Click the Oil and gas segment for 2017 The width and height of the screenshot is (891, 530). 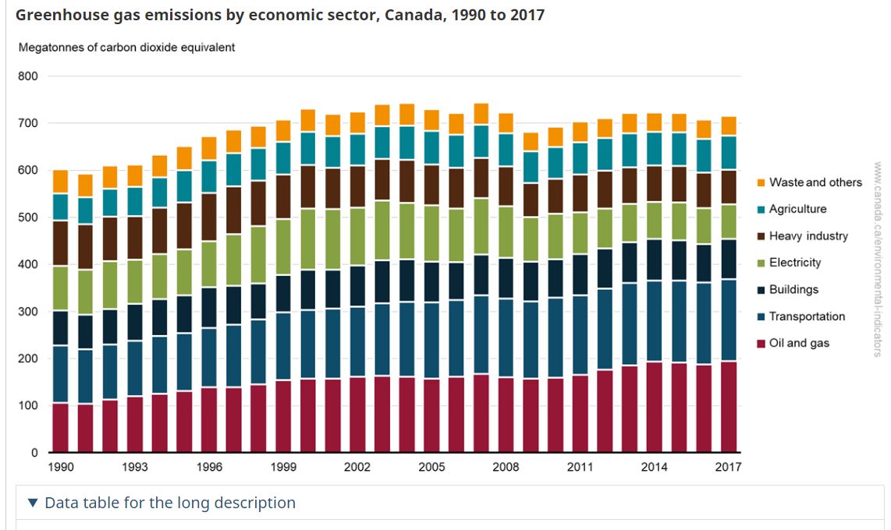(728, 406)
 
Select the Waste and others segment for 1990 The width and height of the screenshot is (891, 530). (60, 182)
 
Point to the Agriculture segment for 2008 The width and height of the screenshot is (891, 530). (506, 150)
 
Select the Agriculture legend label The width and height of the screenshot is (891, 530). (797, 209)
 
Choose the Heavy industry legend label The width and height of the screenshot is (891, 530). (808, 236)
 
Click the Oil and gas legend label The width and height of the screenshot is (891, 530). (799, 343)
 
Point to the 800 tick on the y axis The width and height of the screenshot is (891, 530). (28, 76)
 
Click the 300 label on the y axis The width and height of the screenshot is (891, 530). (28, 312)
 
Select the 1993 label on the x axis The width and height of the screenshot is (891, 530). (135, 467)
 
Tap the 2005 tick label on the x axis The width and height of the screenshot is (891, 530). (431, 467)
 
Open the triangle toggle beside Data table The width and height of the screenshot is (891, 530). (32, 503)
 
